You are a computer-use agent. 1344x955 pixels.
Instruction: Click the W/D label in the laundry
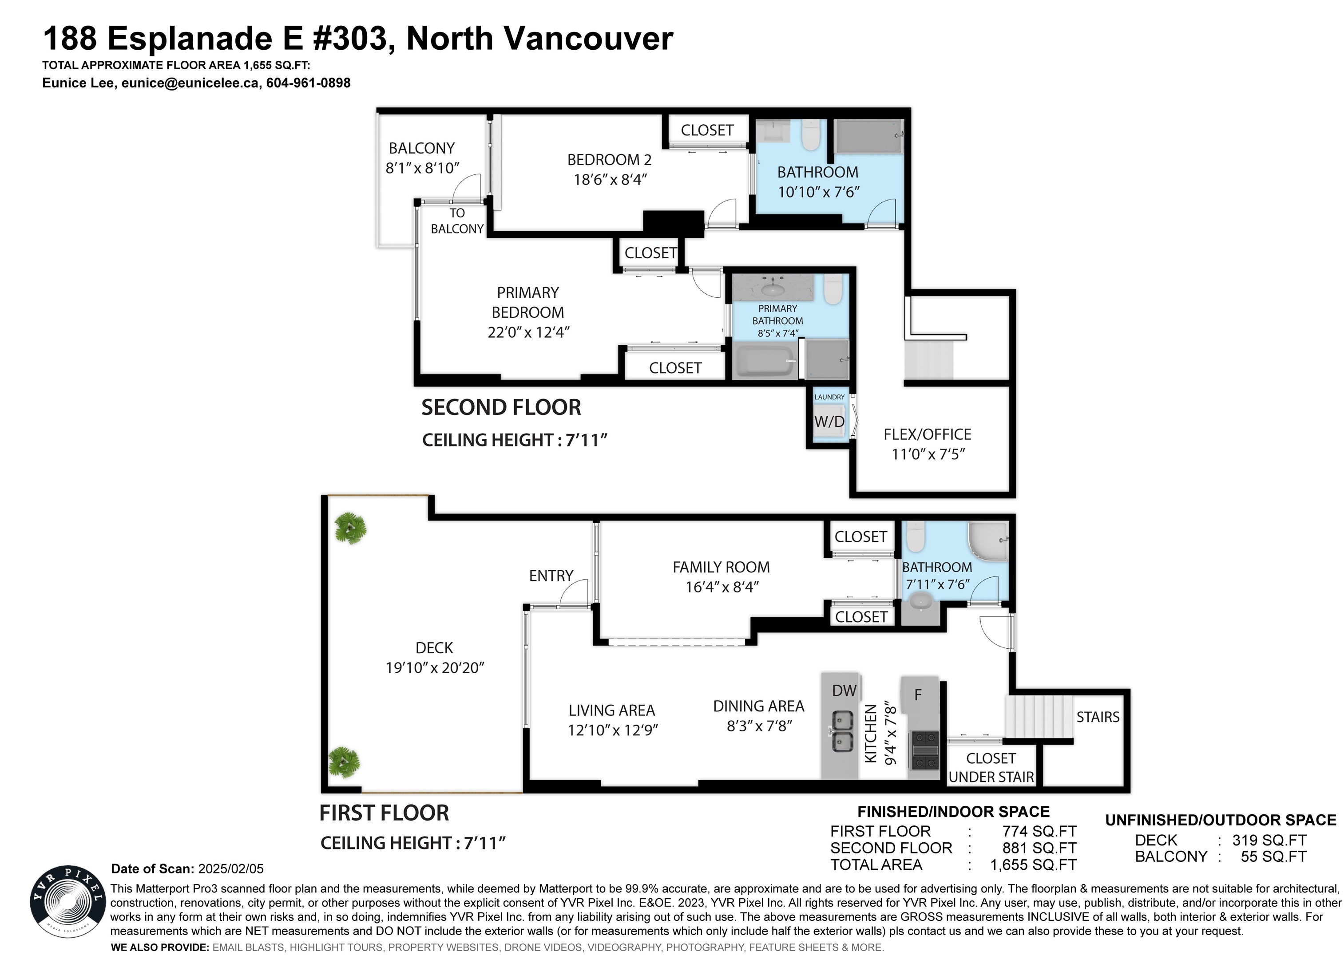tap(829, 421)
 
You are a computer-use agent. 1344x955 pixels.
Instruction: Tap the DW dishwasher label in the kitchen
tap(844, 691)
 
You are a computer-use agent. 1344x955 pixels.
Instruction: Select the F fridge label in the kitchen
tap(918, 695)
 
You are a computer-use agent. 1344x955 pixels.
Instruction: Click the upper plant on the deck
tap(351, 528)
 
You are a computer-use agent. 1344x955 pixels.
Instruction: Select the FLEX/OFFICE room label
tap(927, 434)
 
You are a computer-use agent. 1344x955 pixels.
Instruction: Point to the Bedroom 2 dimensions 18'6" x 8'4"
tap(610, 179)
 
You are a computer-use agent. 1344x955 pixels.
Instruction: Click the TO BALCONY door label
tap(457, 221)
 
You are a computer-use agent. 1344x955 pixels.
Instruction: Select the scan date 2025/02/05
tap(231, 868)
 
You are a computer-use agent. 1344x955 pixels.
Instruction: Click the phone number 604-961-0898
tap(308, 83)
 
